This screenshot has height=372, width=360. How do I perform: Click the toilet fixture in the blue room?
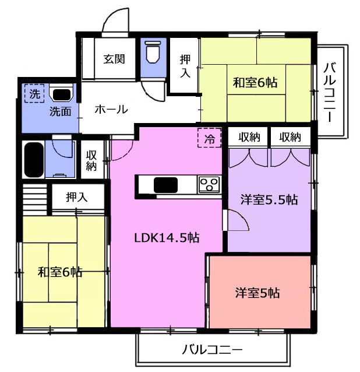153,52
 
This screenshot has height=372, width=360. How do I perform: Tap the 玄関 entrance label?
114,59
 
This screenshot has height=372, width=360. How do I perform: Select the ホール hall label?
111,110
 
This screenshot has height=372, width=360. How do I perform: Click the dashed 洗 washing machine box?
34,93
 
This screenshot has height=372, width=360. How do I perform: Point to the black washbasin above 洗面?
61,94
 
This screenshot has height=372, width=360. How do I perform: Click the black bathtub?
34,159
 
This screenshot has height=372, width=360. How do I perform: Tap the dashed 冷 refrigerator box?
210,138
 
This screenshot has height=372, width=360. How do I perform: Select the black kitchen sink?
165,185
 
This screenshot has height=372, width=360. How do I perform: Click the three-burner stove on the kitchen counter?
209,185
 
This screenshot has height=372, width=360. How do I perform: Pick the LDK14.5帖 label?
167,238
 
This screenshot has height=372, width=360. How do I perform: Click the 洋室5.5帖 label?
269,199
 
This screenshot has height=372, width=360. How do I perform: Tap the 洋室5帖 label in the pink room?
257,293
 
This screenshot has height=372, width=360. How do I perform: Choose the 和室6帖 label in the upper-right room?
255,83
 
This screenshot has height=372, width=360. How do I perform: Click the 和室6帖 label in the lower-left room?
60,272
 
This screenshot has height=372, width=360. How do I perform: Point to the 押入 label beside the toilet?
185,66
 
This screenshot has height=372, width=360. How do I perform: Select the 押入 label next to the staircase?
77,197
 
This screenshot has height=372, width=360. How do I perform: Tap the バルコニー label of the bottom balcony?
213,350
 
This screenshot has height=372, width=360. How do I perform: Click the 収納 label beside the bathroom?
91,160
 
